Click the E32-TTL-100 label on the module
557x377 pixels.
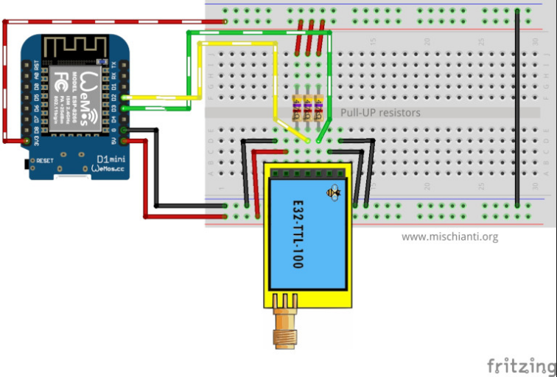point(297,233)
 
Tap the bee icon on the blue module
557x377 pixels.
point(334,193)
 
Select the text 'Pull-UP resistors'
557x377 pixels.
point(380,113)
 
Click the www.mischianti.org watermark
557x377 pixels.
point(449,237)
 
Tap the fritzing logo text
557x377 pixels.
point(521,365)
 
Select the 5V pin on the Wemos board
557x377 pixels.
point(124,140)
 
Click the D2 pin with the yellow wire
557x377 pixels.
point(124,97)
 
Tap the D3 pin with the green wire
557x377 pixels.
point(124,108)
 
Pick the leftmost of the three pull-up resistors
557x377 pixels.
point(298,109)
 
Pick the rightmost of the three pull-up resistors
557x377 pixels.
point(318,109)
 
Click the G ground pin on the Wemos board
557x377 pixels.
point(124,130)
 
